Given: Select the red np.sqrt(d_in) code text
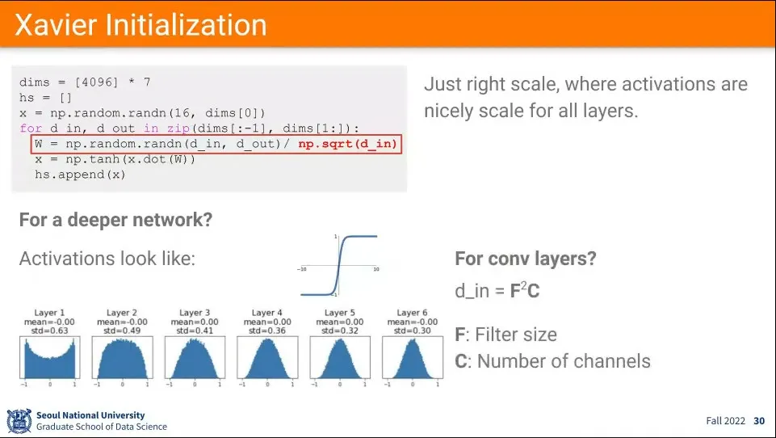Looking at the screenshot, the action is click(x=347, y=144).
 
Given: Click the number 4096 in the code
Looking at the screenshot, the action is click(x=97, y=82).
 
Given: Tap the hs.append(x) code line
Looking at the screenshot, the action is click(x=80, y=175).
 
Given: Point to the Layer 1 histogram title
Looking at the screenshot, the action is click(x=49, y=313).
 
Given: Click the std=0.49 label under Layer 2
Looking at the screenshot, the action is click(x=122, y=331).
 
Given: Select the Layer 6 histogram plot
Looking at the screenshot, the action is click(x=413, y=357).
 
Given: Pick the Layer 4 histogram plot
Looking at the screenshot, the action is click(x=267, y=357).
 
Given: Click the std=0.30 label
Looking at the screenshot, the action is click(x=413, y=331).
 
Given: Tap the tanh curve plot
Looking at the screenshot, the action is click(x=339, y=266).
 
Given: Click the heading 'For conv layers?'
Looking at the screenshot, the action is click(x=526, y=259).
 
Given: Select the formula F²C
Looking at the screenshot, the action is click(x=525, y=290).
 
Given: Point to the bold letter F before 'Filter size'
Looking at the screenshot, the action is click(x=459, y=335).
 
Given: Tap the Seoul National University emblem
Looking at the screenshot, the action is click(x=19, y=421).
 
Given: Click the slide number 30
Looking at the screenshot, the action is click(x=759, y=421).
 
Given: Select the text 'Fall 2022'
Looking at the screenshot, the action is click(x=725, y=421).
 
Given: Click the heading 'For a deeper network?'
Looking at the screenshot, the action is click(x=115, y=220).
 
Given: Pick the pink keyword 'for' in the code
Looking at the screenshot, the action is click(x=31, y=128).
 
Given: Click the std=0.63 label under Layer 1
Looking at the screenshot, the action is click(x=49, y=331).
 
